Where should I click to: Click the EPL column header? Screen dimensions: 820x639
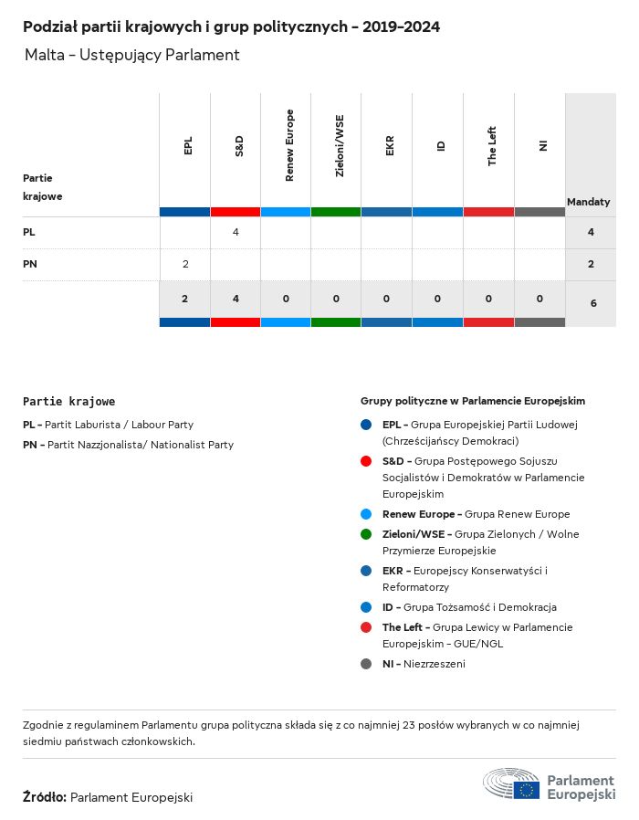tap(188, 146)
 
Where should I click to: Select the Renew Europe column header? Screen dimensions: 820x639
tap(289, 145)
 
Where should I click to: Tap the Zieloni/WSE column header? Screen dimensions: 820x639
tap(340, 146)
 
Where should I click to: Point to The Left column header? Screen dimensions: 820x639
tap(492, 146)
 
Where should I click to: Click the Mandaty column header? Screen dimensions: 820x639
tap(589, 201)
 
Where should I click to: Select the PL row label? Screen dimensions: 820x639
tap(29, 232)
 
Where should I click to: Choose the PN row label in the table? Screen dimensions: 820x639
tap(30, 264)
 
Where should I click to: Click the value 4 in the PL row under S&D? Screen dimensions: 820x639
tap(236, 232)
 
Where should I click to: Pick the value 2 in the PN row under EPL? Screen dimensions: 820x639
tap(185, 264)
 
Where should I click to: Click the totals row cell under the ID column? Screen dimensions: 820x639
tap(438, 299)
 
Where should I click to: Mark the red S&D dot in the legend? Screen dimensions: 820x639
tap(366, 461)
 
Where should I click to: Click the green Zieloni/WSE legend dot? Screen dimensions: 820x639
tap(366, 534)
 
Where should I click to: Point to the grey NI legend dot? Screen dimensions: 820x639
tap(366, 664)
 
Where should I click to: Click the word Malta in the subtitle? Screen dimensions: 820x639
tap(44, 55)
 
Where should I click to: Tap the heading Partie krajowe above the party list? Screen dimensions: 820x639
tap(69, 401)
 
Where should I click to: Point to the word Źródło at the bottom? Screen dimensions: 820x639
tap(44, 797)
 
